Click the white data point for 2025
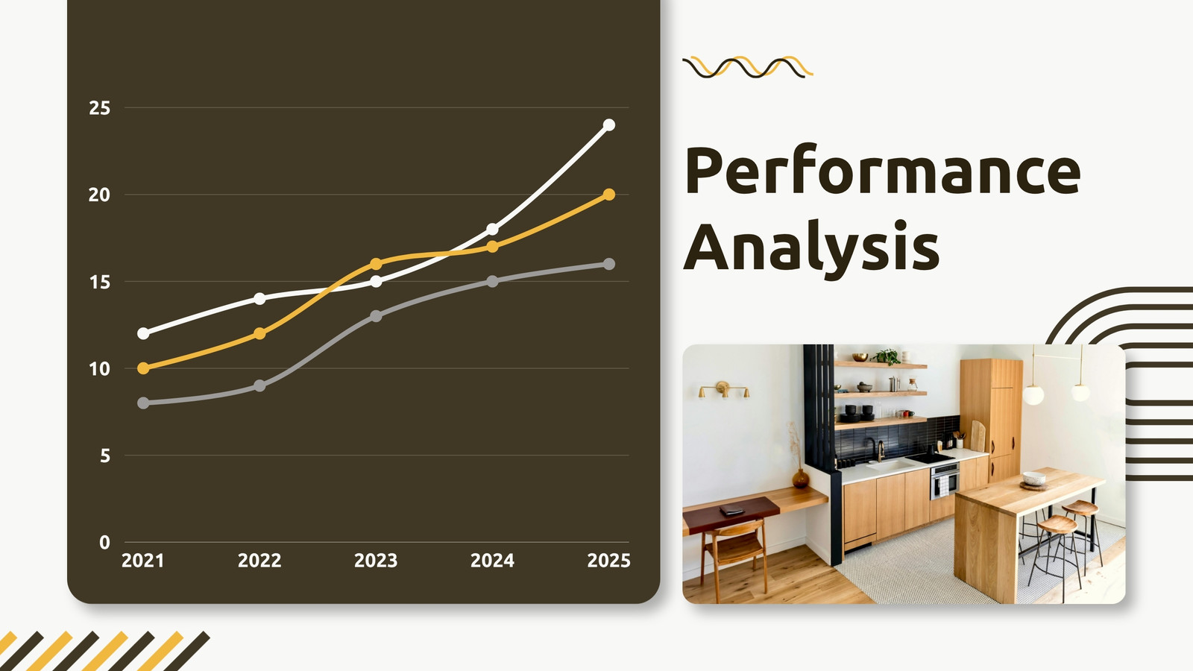tap(608, 125)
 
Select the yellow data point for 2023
tap(376, 264)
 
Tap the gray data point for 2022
tap(259, 385)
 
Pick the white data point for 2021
tap(143, 333)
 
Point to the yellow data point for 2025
tap(608, 195)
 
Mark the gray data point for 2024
tap(493, 281)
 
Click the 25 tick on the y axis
tap(100, 108)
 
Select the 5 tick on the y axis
tap(105, 456)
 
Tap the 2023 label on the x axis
tap(376, 561)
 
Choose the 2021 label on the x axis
tap(142, 561)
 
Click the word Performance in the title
tap(883, 169)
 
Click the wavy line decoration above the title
tap(748, 67)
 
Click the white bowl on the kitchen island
tap(1033, 478)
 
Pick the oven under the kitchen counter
tap(945, 480)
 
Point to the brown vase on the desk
tap(801, 478)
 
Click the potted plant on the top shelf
tap(887, 356)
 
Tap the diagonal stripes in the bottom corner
tap(104, 651)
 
